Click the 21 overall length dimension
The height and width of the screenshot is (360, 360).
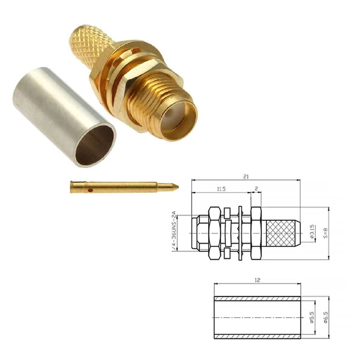[x=246, y=176]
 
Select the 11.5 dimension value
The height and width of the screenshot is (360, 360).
[x=221, y=189]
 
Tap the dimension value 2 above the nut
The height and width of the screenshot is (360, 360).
[x=256, y=188]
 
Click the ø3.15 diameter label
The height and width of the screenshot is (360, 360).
[x=313, y=232]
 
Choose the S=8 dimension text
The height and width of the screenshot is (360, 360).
[x=326, y=233]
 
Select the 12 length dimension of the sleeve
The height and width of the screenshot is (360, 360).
[x=257, y=280]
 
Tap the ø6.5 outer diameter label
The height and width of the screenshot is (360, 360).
[x=326, y=317]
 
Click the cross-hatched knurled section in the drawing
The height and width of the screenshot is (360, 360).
[x=281, y=233]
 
